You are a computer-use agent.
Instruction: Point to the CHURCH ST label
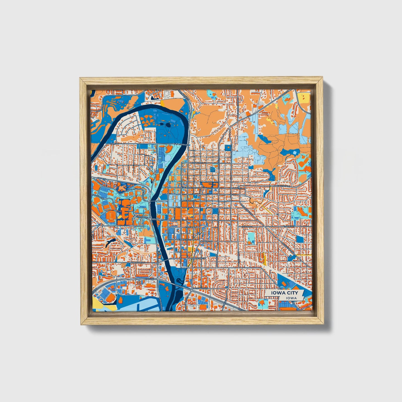tap(196, 163)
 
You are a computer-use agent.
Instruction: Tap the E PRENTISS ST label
tap(185, 239)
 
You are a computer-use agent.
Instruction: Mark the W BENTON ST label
tap(137, 263)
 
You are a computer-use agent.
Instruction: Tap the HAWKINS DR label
tap(97, 196)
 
